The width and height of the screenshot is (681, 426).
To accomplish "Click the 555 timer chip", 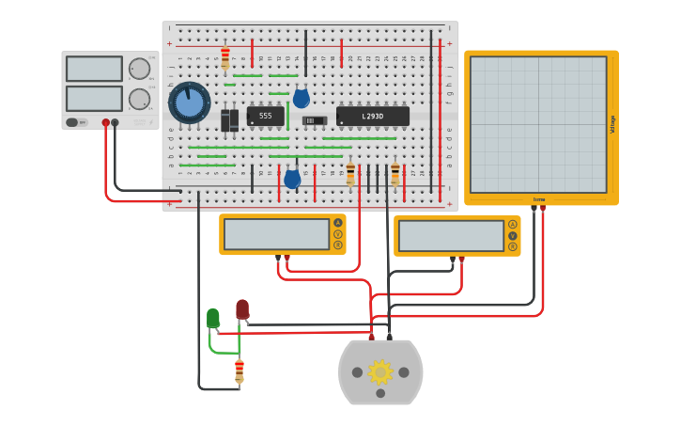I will (x=265, y=117).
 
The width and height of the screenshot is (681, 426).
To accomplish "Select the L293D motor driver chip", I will (x=372, y=117).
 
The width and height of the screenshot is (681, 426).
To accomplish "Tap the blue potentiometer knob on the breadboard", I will (x=189, y=103).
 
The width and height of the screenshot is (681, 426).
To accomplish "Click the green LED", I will (x=213, y=319).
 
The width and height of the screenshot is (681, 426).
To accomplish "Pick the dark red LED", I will (x=242, y=308).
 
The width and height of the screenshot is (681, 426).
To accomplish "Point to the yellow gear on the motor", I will (x=379, y=372).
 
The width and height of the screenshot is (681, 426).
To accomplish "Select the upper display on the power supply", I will (x=94, y=69).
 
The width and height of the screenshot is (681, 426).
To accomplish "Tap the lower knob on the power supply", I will (x=139, y=99).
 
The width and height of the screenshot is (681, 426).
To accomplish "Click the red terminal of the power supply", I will (x=105, y=122).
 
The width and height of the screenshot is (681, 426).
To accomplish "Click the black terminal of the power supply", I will (x=115, y=122).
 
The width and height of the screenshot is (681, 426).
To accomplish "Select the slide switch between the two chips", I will (x=315, y=120).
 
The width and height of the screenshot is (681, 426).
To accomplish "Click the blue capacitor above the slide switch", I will (x=301, y=99).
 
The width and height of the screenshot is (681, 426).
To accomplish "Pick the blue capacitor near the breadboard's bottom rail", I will (x=292, y=179).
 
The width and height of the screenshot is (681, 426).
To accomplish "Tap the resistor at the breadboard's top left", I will (x=224, y=58).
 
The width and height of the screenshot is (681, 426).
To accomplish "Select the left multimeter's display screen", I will (x=276, y=234).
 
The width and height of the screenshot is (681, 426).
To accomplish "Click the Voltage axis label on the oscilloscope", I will (x=612, y=124).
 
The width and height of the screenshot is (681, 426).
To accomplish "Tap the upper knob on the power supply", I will (x=139, y=69).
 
